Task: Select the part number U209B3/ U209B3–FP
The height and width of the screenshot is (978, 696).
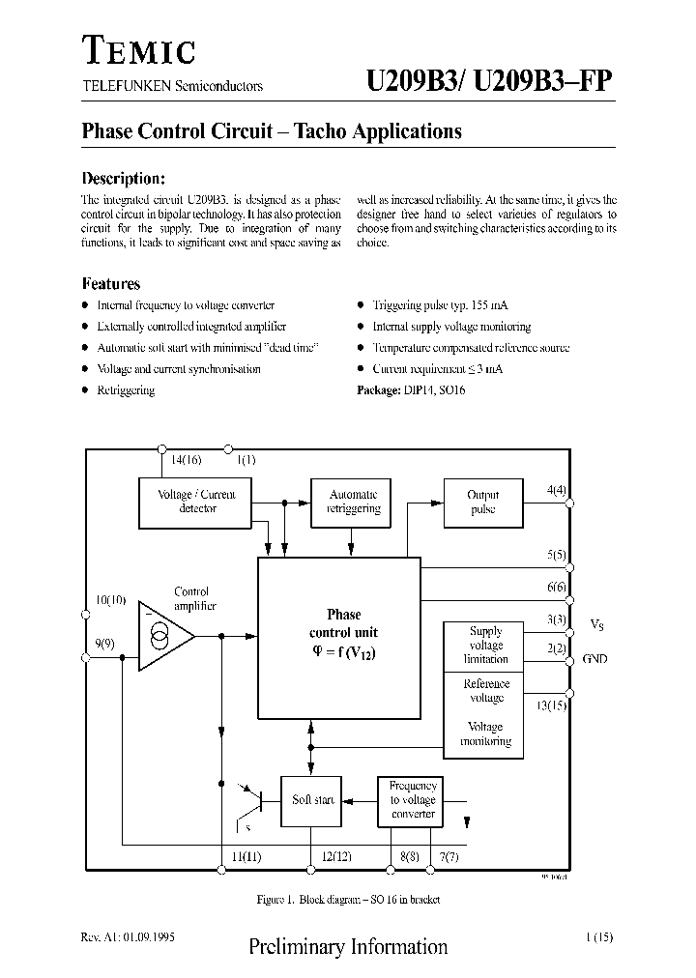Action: click(x=488, y=83)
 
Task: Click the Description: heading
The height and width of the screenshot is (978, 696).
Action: click(x=124, y=179)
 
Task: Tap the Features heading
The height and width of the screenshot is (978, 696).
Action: click(x=111, y=284)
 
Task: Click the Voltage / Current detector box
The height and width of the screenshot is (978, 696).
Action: click(x=197, y=502)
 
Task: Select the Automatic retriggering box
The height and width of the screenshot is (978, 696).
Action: click(x=353, y=502)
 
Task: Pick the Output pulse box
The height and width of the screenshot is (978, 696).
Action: click(x=482, y=503)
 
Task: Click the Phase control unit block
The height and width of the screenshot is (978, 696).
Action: click(x=338, y=638)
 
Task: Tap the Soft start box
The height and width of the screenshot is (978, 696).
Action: click(x=312, y=800)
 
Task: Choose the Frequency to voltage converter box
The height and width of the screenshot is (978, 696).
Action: click(x=413, y=800)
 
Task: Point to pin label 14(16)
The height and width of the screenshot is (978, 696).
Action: click(x=187, y=461)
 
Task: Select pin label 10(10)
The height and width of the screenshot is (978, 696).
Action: click(x=111, y=600)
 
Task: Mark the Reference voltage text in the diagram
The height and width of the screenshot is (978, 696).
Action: click(x=486, y=691)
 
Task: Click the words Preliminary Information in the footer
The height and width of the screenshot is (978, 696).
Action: click(x=348, y=946)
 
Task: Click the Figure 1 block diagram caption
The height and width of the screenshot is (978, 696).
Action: click(x=348, y=900)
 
